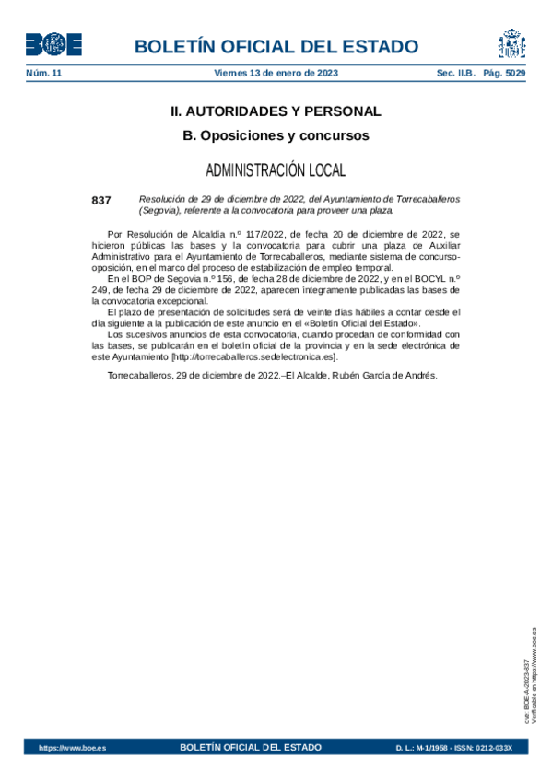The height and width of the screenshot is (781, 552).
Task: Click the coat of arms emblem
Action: pyautogui.click(x=511, y=43)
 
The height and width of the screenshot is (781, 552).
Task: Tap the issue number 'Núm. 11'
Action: pyautogui.click(x=42, y=72)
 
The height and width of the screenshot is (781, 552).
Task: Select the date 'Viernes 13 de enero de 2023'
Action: pyautogui.click(x=276, y=72)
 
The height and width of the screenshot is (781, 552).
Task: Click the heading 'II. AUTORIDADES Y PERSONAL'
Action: pyautogui.click(x=276, y=111)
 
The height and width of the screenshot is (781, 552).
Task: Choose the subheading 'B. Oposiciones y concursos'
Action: pyautogui.click(x=276, y=135)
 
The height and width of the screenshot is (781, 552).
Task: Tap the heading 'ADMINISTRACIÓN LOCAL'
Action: pyautogui.click(x=276, y=170)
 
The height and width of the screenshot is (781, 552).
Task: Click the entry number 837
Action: pyautogui.click(x=101, y=200)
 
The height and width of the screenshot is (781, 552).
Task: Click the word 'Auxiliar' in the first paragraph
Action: pyautogui.click(x=441, y=246)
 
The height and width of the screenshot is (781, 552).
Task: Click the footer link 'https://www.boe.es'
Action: pyautogui.click(x=72, y=748)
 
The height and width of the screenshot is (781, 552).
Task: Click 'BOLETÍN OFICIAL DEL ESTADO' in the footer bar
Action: pyautogui.click(x=252, y=747)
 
